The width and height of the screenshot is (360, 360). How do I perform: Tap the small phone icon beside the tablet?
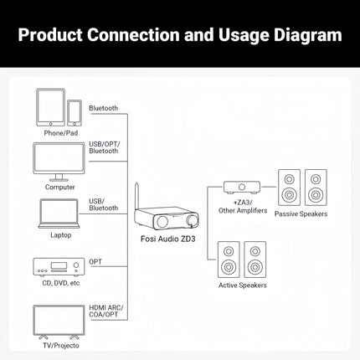(74, 113)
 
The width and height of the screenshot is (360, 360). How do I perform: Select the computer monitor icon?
(59, 161)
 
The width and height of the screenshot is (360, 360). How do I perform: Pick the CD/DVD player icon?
(59, 267)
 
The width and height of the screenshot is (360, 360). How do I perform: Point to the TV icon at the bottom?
(59, 321)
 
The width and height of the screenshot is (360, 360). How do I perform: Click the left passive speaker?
(289, 189)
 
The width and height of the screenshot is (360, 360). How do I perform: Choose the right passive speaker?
(316, 189)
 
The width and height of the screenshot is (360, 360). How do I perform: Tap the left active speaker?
(229, 261)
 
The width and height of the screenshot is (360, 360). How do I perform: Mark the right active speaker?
(255, 261)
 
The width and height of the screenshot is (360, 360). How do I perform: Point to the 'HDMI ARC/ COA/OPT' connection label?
(106, 313)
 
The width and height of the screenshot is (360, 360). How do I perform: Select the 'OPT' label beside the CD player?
(95, 261)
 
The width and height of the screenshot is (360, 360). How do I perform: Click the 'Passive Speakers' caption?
(301, 214)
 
